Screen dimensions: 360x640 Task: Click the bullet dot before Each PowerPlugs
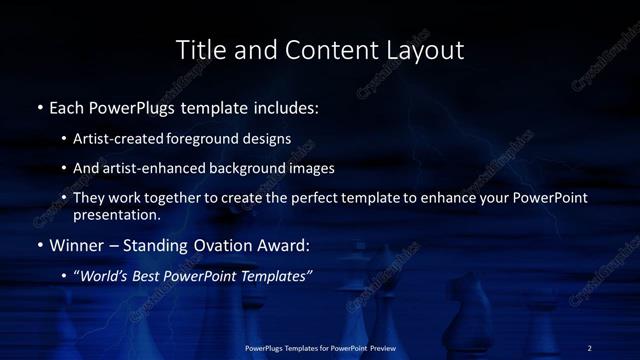(39, 106)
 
